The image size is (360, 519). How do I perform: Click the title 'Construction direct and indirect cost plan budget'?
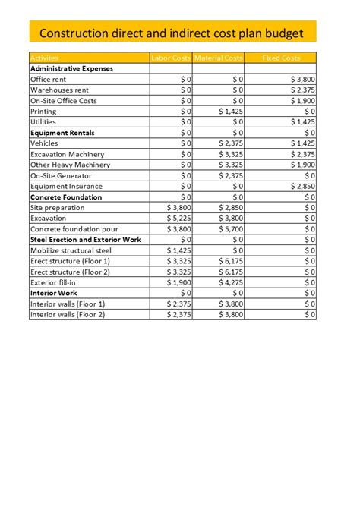coord(172,33)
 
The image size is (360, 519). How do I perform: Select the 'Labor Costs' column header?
coord(171,58)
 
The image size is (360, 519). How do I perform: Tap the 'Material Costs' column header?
coord(218,58)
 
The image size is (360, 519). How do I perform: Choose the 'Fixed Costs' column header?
coord(280,58)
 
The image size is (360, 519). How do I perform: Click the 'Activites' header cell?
coord(44,58)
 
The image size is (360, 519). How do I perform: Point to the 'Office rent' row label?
coord(48,79)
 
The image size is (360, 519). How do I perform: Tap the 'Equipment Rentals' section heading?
coord(62,132)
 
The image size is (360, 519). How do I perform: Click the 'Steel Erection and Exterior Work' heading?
coord(85,239)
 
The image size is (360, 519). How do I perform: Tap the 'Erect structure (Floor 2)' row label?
coord(70,272)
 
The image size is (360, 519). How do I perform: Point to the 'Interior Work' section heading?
coord(54,293)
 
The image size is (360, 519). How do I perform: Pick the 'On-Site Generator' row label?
coord(60,175)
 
